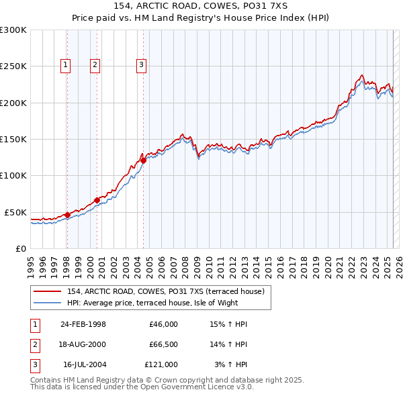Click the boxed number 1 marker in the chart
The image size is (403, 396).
[x=66, y=65]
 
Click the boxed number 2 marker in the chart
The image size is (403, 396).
[x=95, y=65]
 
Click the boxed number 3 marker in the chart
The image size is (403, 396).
[x=142, y=65]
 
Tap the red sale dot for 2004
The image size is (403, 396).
[x=143, y=160]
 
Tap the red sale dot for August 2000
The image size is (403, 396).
[x=97, y=200]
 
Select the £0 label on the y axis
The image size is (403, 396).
[x=20, y=248]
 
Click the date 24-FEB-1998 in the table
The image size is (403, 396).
[x=83, y=324]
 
